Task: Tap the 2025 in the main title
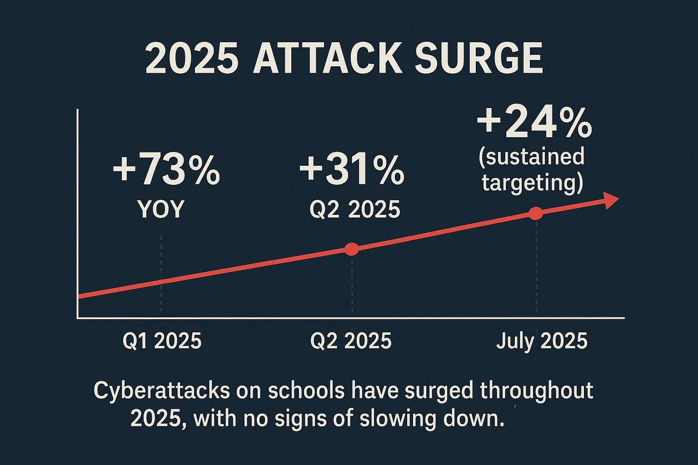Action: (192, 59)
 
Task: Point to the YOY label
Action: (161, 209)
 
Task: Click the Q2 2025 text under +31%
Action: (354, 209)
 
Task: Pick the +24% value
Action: (534, 124)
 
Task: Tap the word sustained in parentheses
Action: (531, 157)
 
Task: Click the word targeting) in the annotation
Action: (532, 183)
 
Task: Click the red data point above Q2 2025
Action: (352, 249)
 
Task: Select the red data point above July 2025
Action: (536, 213)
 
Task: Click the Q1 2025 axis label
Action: (162, 341)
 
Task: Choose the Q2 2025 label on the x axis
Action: (350, 341)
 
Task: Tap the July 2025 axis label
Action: (542, 341)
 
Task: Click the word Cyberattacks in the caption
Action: (162, 391)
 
